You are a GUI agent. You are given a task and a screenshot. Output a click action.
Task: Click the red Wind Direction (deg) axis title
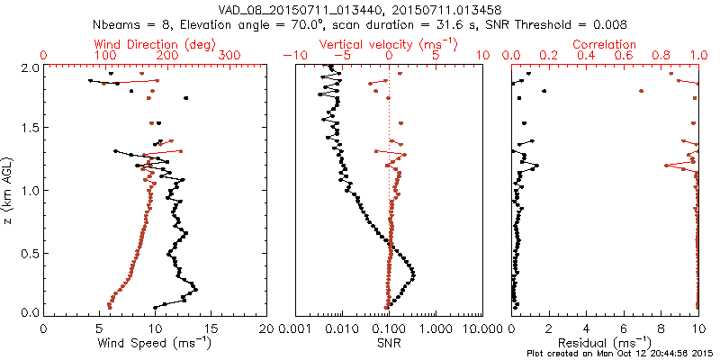[136, 44]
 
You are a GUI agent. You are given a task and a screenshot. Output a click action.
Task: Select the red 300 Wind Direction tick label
[229, 56]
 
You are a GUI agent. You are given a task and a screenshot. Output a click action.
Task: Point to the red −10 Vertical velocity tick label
[291, 56]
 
